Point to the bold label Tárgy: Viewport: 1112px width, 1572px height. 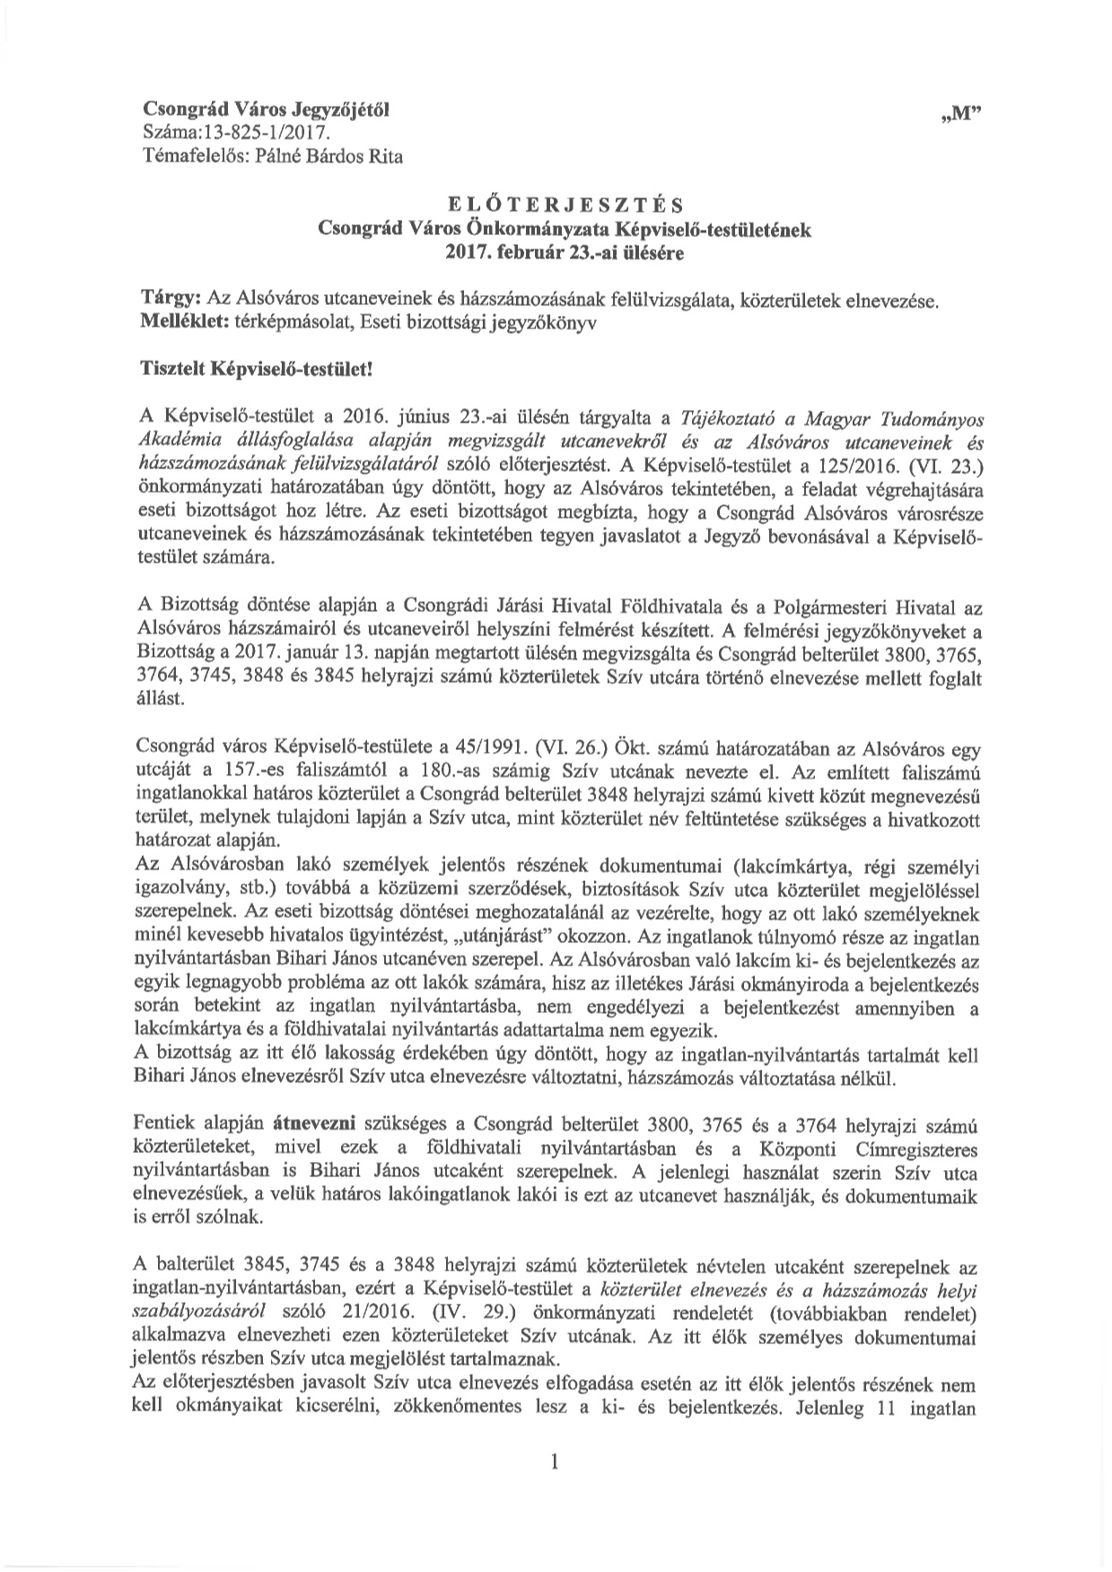[172, 298]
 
